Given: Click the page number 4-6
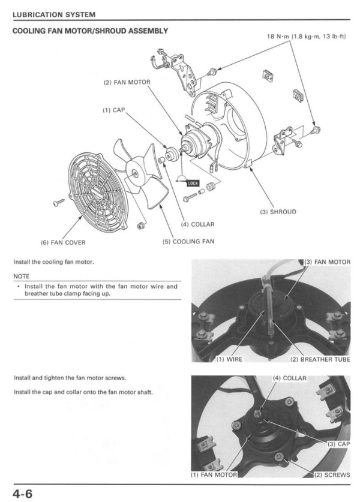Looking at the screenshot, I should (x=21, y=493).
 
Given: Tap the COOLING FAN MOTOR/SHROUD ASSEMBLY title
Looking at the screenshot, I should (x=90, y=31).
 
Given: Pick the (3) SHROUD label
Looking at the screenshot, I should (x=278, y=212).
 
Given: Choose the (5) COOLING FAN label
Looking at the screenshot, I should (x=188, y=242).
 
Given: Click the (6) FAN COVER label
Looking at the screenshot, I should (x=63, y=242).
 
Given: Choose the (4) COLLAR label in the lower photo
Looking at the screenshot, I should (x=289, y=378).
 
